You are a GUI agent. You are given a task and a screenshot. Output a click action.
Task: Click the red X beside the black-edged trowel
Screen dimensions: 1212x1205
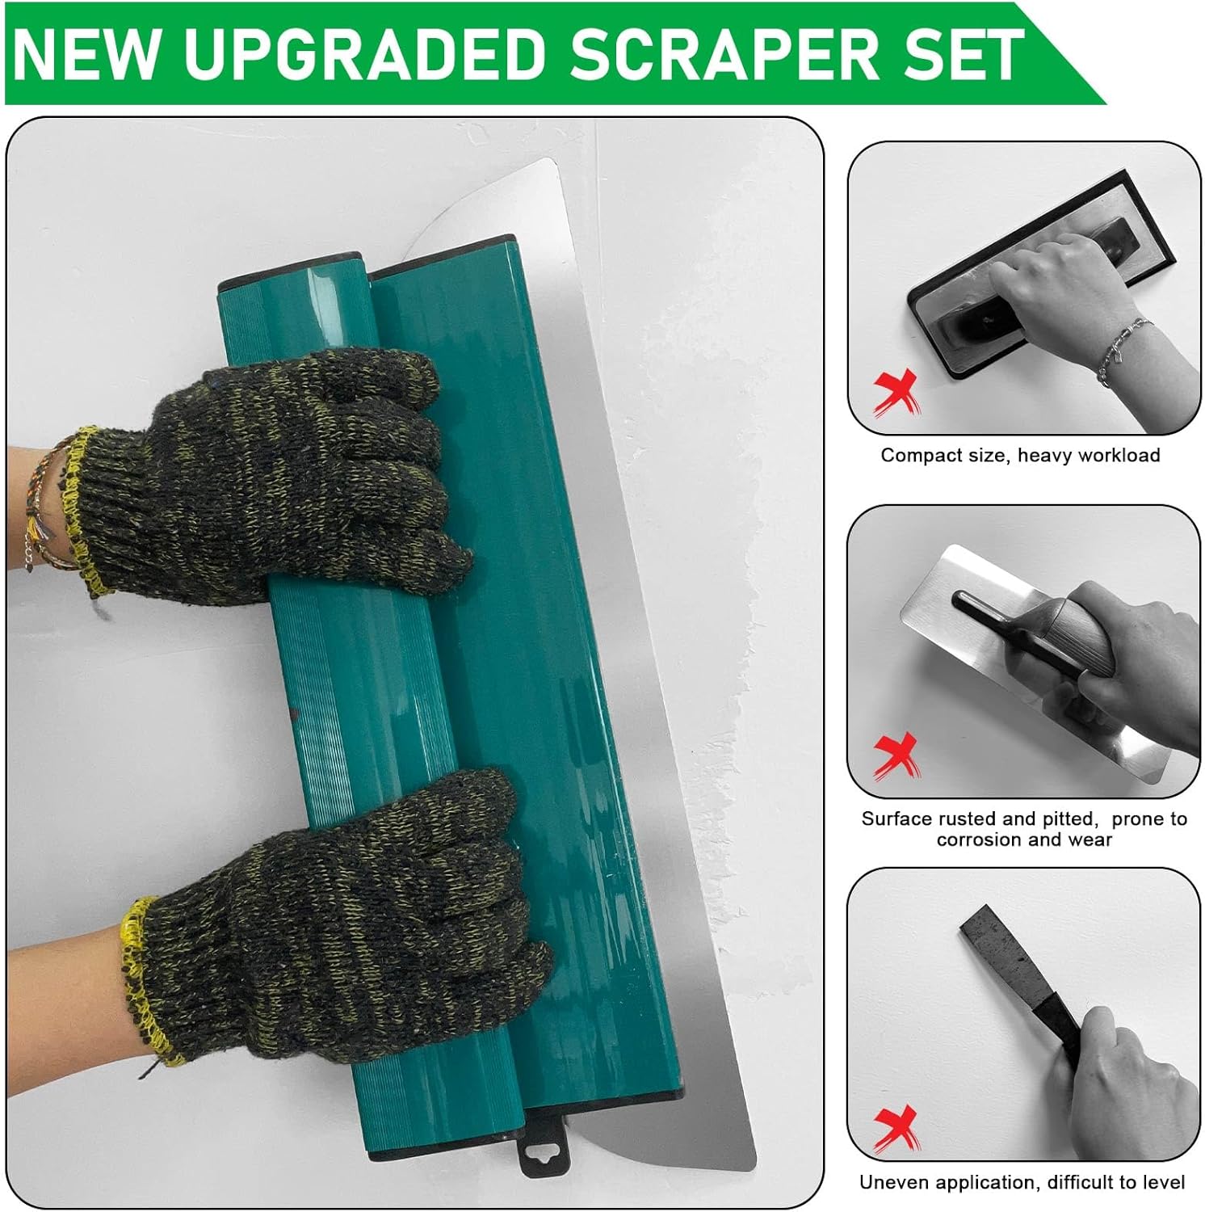point(896,392)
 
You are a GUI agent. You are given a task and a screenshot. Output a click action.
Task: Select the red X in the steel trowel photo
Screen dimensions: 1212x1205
point(896,755)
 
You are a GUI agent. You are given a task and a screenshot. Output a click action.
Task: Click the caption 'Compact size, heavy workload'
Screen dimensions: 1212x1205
point(1020,455)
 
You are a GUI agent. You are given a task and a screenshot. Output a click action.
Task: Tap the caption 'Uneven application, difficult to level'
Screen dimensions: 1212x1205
point(1022,1182)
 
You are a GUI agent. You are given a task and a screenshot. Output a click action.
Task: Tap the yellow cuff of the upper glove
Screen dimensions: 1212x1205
point(77,501)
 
